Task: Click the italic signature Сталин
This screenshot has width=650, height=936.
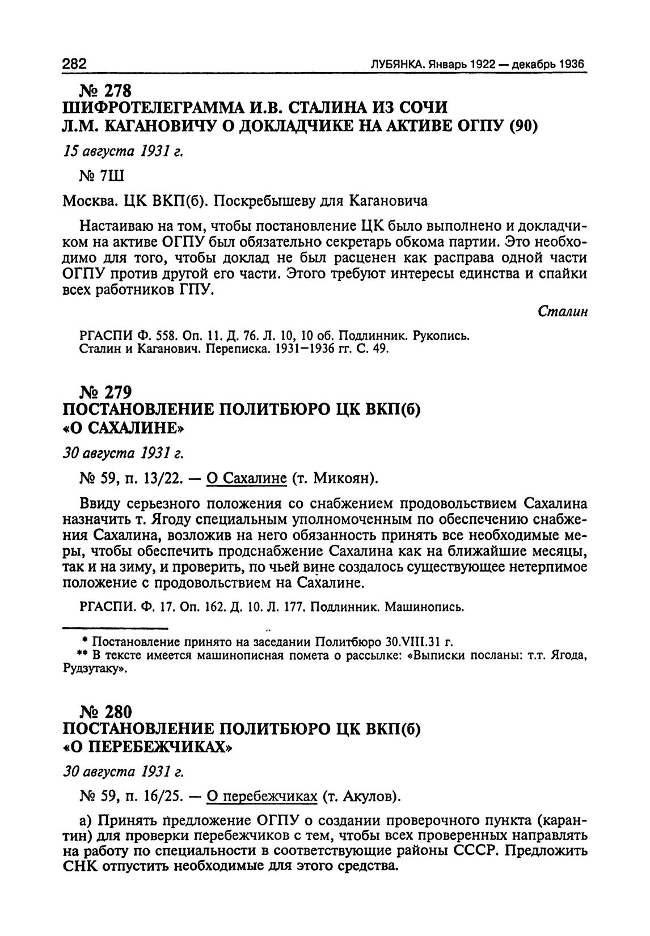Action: click(x=562, y=312)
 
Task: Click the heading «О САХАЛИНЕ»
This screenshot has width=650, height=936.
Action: click(x=124, y=426)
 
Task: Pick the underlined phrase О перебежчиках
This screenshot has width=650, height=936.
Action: click(x=261, y=797)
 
